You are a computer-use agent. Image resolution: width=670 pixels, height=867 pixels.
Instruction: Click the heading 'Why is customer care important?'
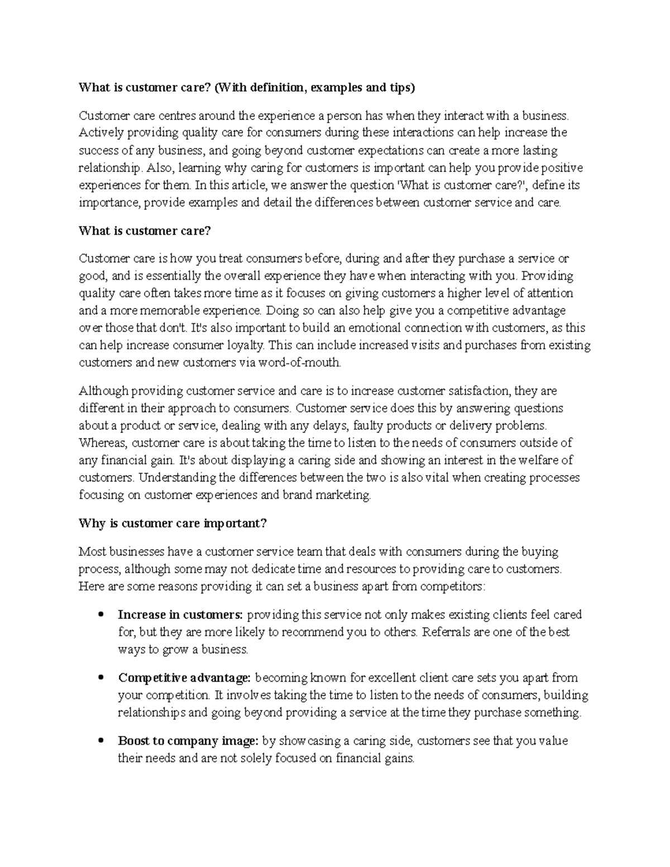point(173,523)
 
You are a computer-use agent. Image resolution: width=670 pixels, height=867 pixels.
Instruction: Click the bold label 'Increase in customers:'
point(180,615)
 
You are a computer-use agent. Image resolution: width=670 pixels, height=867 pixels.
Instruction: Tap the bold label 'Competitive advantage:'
point(184,678)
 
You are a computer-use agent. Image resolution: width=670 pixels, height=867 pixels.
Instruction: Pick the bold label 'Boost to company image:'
point(188,741)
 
